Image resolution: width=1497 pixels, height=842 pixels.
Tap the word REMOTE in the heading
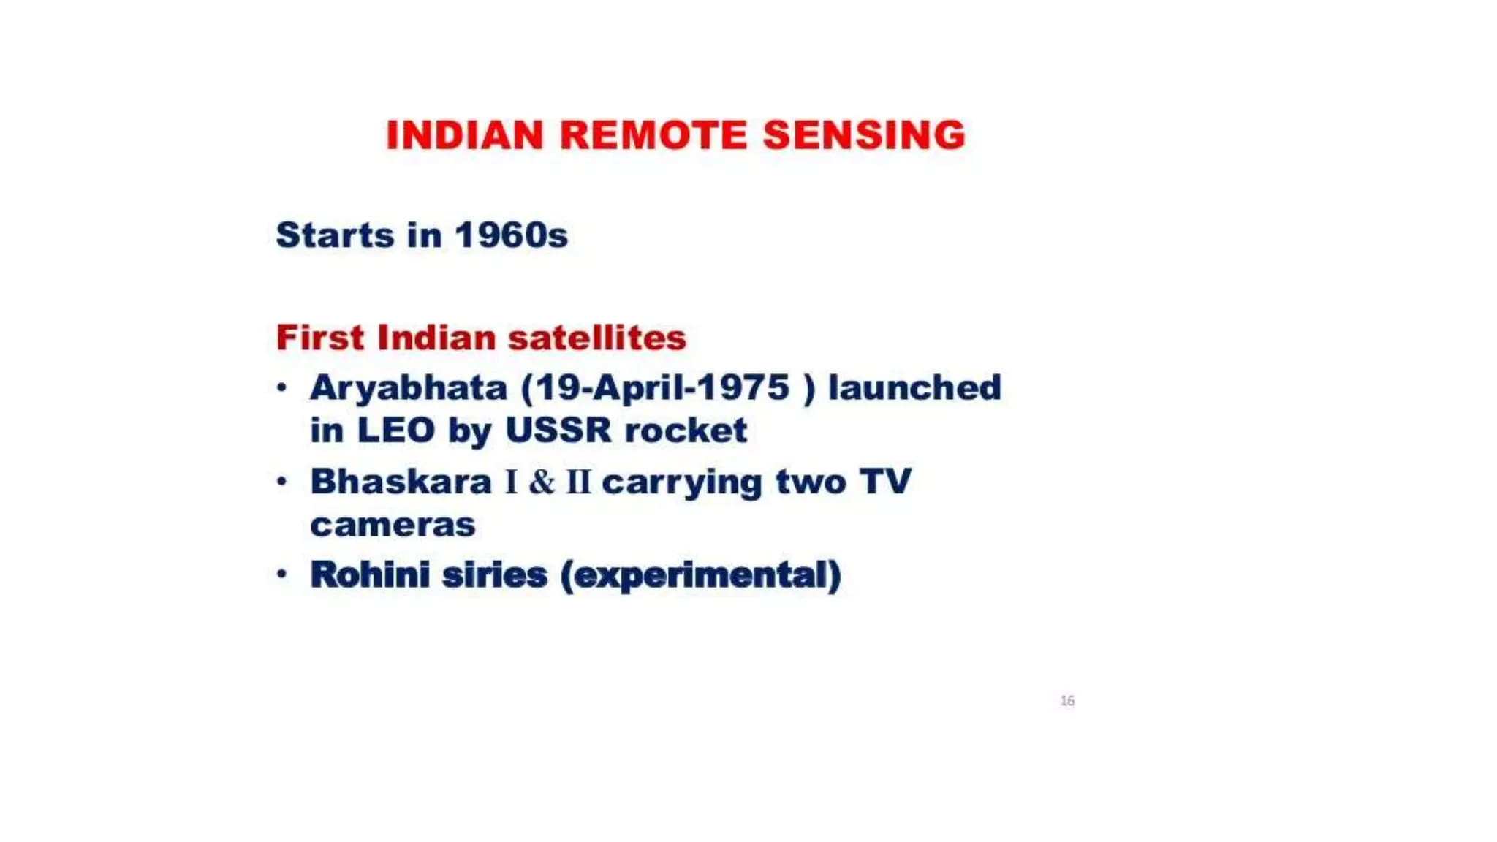[653, 135]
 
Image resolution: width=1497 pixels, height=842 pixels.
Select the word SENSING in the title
[864, 135]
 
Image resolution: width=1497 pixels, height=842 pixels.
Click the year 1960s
[511, 235]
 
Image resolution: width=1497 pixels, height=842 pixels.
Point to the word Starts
[336, 235]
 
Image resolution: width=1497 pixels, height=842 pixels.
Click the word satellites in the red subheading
[596, 338]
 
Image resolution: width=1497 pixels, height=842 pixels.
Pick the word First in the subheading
[319, 338]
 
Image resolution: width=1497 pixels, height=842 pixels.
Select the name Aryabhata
[408, 388]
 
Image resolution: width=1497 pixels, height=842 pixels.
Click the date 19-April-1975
[662, 388]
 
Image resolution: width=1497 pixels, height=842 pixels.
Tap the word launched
[914, 388]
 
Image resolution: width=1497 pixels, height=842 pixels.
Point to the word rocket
[686, 430]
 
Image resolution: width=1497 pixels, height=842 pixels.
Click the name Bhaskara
[401, 482]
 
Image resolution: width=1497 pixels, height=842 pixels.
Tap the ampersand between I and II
[542, 482]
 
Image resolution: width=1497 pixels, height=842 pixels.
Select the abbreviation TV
[885, 482]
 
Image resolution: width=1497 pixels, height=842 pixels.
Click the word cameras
[393, 525]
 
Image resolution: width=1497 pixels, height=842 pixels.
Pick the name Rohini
[370, 574]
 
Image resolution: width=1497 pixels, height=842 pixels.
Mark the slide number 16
[1067, 701]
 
